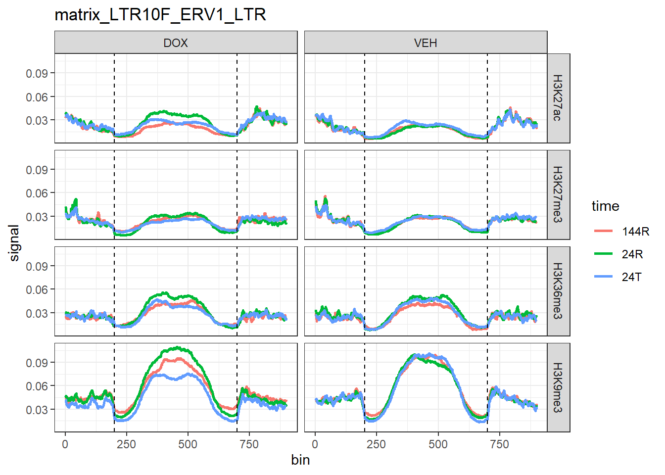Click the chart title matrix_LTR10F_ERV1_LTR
click(160, 15)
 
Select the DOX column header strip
click(176, 43)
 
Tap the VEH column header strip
click(426, 43)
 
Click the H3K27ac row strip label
click(558, 98)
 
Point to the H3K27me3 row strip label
click(558, 194)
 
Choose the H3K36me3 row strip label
click(558, 291)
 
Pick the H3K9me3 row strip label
click(558, 387)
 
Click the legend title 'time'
click(605, 206)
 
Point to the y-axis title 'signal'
click(14, 242)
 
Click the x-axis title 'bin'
click(300, 460)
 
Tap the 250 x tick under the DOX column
click(126, 444)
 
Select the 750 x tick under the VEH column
click(499, 444)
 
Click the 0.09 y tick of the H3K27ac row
click(37, 73)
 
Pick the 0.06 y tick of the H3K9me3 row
click(37, 386)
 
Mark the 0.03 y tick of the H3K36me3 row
click(37, 313)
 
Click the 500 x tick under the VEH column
click(438, 444)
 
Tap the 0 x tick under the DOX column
click(65, 444)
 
